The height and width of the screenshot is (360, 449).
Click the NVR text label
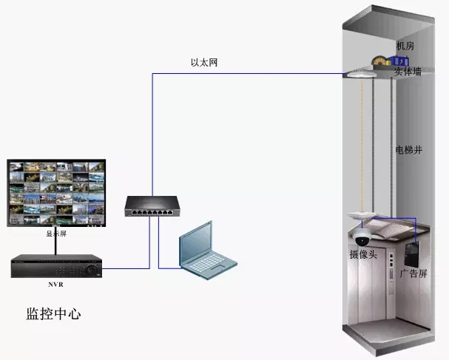(x=55, y=285)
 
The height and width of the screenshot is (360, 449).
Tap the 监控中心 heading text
(x=53, y=313)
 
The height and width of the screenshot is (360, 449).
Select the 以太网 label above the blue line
(x=204, y=62)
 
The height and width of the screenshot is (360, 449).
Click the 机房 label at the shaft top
(x=405, y=46)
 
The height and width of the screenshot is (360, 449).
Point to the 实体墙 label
(x=408, y=71)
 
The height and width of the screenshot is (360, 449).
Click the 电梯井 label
(x=408, y=149)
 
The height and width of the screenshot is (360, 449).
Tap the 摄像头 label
(x=363, y=254)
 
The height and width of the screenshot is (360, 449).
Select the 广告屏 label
(x=413, y=274)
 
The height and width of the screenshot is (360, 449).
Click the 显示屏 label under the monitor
(x=56, y=234)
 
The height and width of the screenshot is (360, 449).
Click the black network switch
(x=152, y=206)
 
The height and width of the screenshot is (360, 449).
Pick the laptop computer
(x=208, y=251)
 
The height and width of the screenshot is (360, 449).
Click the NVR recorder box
(x=56, y=266)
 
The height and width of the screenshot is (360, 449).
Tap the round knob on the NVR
(x=92, y=269)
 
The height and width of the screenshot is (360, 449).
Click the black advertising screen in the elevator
(x=412, y=254)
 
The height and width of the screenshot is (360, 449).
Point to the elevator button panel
(x=391, y=267)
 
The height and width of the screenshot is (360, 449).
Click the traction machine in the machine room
(x=389, y=61)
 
